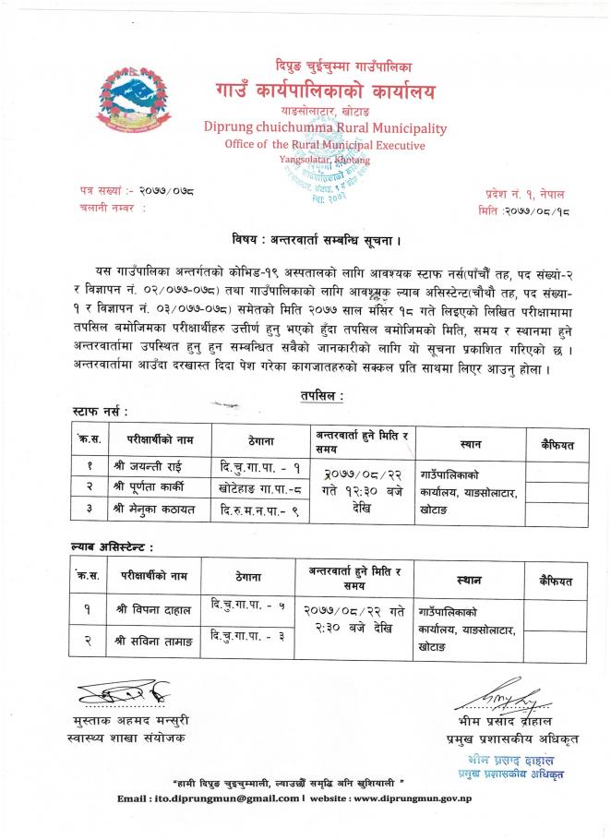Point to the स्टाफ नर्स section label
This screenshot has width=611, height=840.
(x=100, y=408)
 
